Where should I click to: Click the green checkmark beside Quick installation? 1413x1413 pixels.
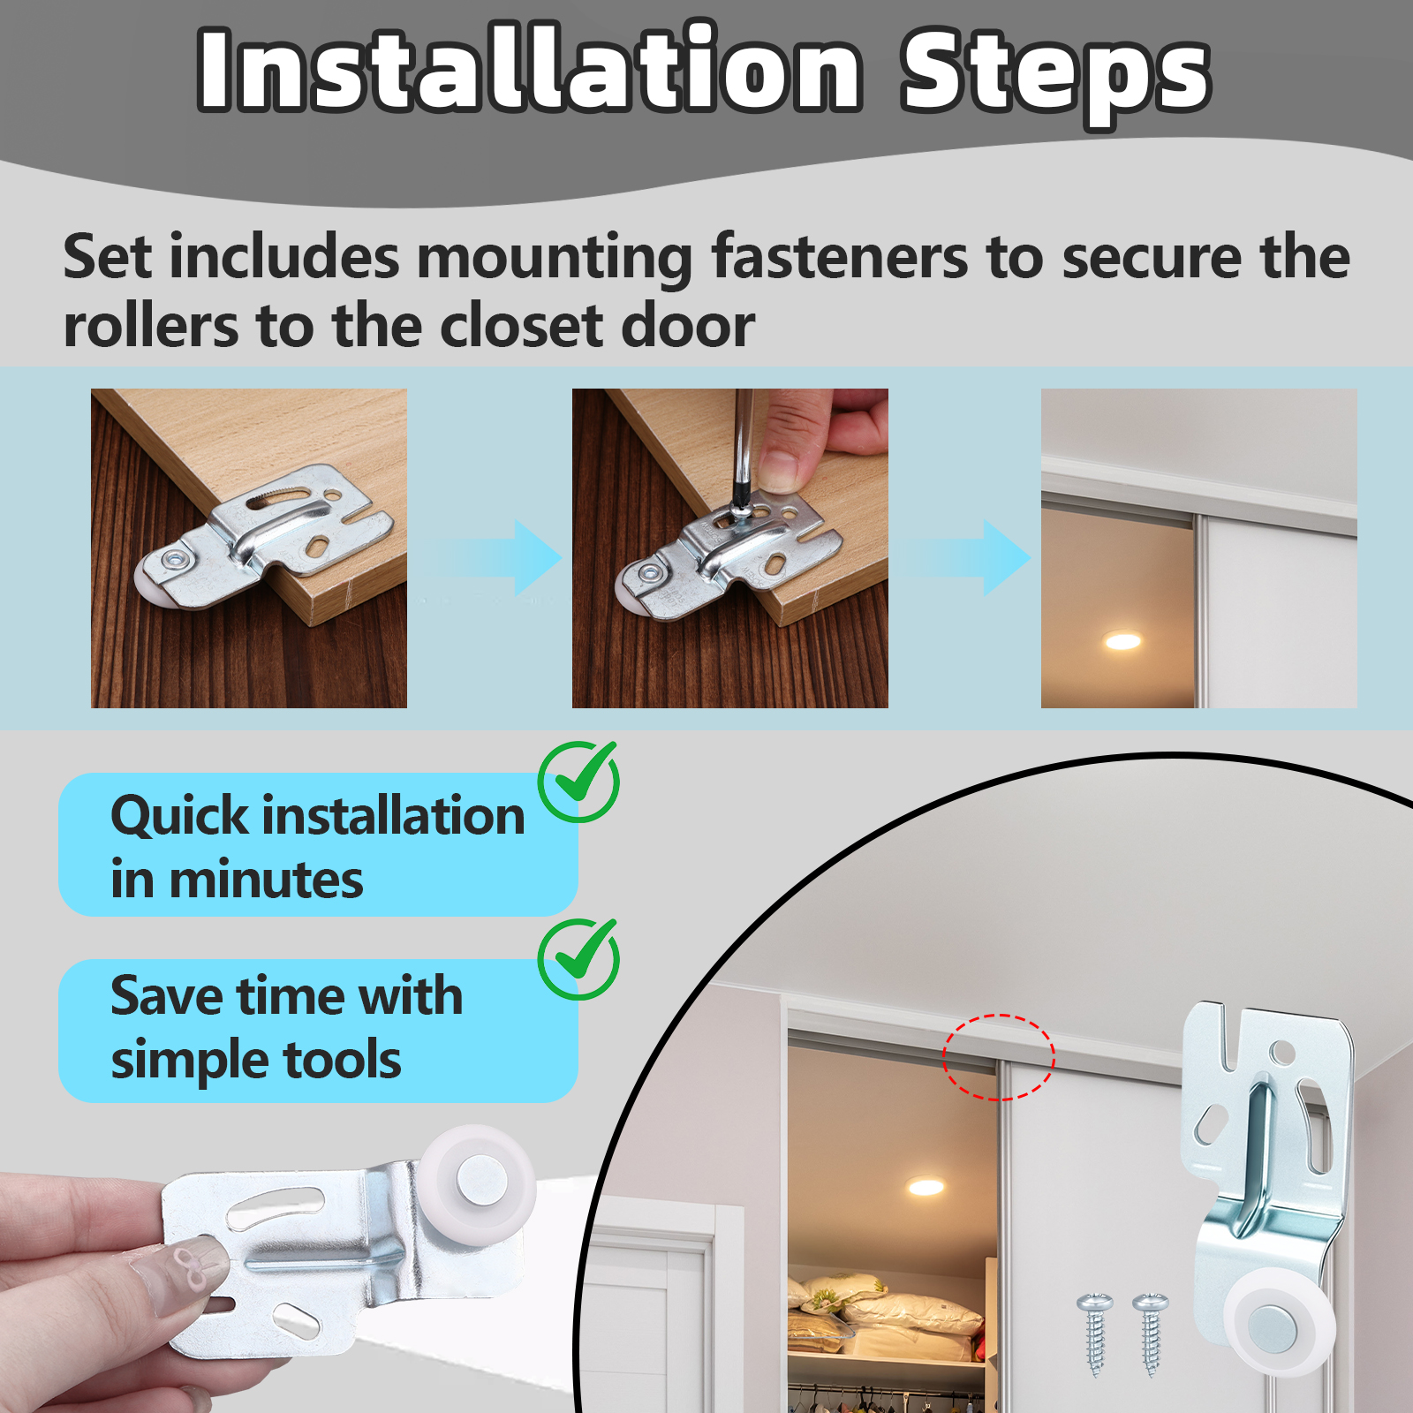[x=579, y=781]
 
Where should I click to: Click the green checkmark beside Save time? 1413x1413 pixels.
[x=579, y=958]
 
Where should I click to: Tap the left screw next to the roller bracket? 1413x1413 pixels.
[x=1095, y=1334]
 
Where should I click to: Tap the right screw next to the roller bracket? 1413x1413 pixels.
[x=1151, y=1334]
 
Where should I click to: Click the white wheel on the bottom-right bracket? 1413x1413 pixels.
[x=1278, y=1323]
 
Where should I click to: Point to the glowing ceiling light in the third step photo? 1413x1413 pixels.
[x=1122, y=641]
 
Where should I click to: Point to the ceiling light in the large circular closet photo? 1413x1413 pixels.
[x=926, y=1186]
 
